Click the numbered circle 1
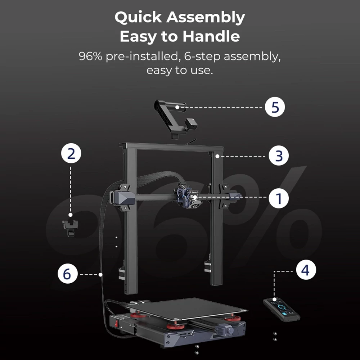(x=279, y=198)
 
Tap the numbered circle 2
(x=71, y=153)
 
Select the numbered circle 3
(x=279, y=156)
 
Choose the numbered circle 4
(x=306, y=270)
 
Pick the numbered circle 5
(x=275, y=107)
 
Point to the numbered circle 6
(x=68, y=274)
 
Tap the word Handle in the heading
(x=211, y=36)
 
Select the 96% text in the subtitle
(x=90, y=56)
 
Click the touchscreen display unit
(x=282, y=309)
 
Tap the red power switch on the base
(x=117, y=323)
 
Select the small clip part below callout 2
(x=70, y=228)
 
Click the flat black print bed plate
(x=186, y=309)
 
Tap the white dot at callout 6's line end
(x=100, y=274)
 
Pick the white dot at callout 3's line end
(x=217, y=156)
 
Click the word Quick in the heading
(x=139, y=17)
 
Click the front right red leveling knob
(x=233, y=318)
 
